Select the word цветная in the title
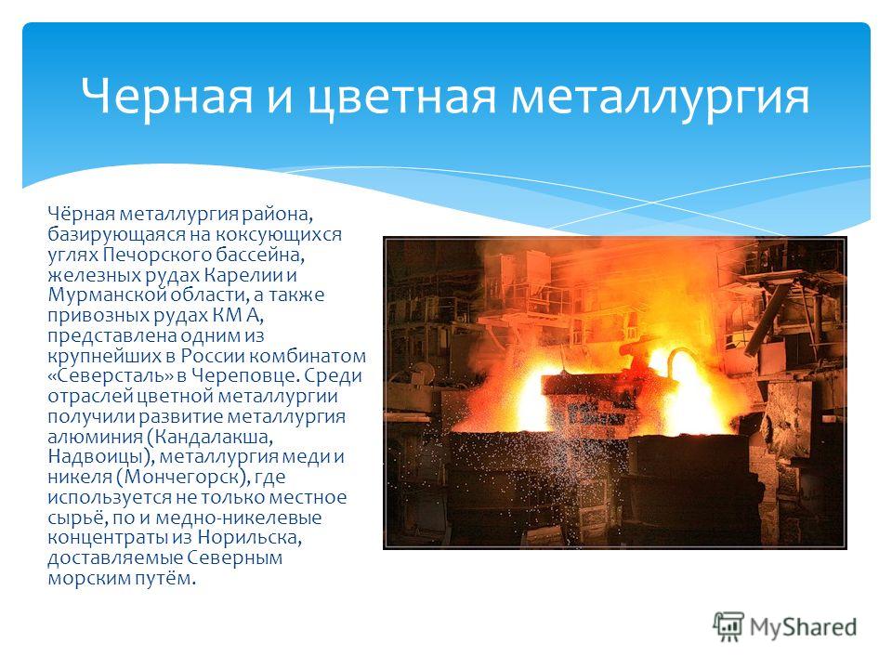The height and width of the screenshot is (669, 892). (402, 98)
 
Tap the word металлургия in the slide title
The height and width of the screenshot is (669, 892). (660, 98)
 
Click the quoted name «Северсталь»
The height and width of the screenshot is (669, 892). (111, 375)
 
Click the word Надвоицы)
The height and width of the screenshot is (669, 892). (101, 457)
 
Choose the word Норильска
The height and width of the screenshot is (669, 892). (250, 538)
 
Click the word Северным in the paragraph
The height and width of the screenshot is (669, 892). (234, 557)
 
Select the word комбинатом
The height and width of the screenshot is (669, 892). (308, 356)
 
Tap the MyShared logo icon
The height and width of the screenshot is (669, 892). (728, 627)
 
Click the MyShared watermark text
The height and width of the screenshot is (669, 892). (803, 627)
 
